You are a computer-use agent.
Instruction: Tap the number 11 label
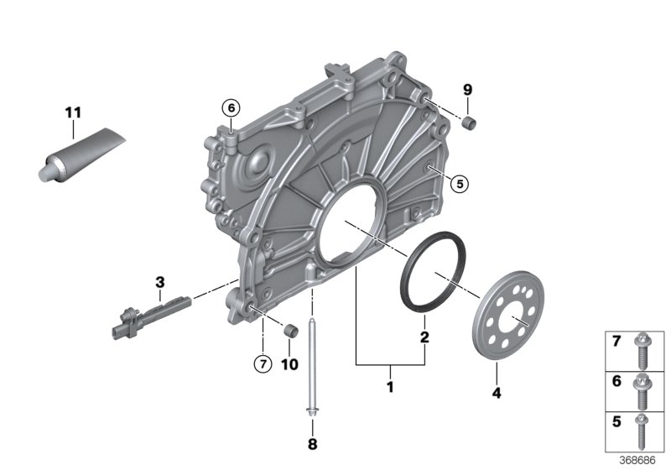tap(73, 111)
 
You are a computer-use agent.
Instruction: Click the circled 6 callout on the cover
tap(230, 107)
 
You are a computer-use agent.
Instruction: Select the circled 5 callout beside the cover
tap(458, 182)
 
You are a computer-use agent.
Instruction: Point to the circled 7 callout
tap(263, 363)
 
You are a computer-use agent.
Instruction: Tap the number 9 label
tap(468, 90)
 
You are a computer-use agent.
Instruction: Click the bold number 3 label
tap(159, 281)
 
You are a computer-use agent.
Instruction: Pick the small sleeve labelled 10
tap(290, 330)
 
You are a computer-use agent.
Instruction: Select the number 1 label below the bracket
tap(388, 389)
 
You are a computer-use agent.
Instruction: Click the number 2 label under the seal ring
tap(424, 337)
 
